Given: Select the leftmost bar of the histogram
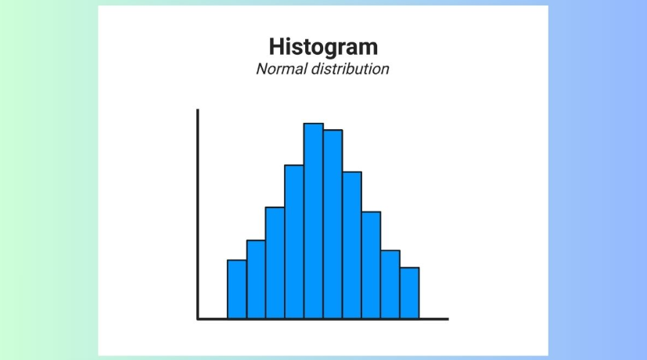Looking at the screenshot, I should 237,289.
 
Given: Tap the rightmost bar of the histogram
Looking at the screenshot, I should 409,293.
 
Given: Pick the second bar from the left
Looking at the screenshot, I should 256,279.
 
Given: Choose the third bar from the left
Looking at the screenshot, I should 275,262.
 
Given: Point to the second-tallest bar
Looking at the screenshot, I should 332,224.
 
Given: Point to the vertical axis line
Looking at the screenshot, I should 198,211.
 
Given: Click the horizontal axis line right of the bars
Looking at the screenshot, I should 434,319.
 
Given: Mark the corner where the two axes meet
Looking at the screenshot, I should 198,319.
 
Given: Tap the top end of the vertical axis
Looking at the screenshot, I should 198,111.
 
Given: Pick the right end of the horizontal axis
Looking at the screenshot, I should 447,319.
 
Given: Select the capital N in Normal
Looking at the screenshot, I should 261,69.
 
